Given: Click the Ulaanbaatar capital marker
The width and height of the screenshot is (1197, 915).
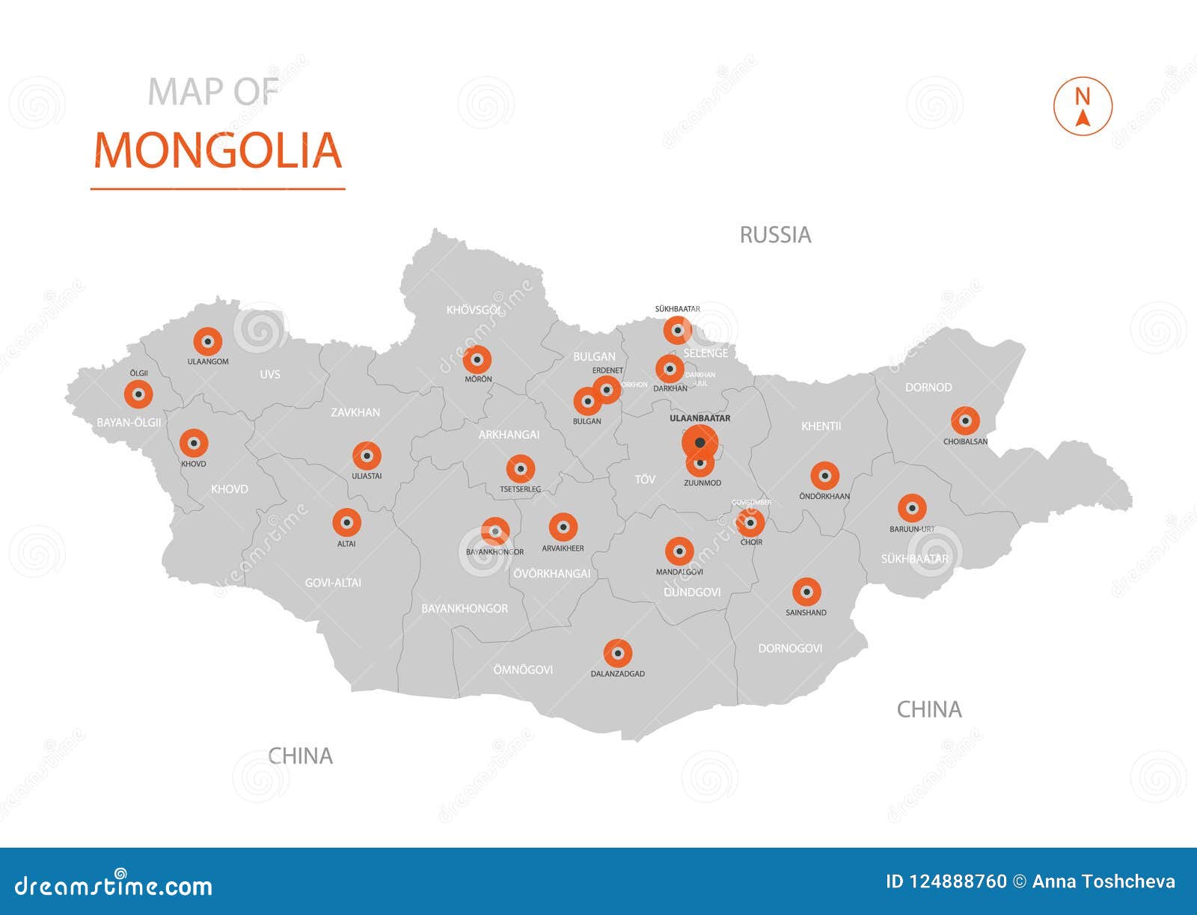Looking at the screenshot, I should point(699,443).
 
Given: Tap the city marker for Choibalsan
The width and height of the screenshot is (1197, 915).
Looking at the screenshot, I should point(965,421).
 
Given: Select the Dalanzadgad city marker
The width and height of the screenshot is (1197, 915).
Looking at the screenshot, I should point(618,654).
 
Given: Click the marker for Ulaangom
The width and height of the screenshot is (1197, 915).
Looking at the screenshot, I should point(208,342).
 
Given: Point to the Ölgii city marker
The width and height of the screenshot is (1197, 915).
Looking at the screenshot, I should point(138,394).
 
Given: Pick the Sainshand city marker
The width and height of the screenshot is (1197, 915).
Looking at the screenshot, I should point(806,593).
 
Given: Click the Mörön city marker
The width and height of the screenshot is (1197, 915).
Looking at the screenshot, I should point(477,360).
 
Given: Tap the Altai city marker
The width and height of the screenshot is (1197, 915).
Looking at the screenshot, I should point(346,523).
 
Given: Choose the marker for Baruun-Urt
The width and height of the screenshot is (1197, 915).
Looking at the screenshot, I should point(911,509).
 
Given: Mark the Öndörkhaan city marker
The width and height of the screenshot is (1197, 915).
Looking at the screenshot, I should point(824,476).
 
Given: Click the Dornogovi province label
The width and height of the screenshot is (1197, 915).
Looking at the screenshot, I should point(790,648).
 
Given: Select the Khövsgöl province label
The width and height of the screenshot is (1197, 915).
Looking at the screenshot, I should point(474,310).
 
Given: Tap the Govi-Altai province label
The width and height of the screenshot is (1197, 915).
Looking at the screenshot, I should point(333,582).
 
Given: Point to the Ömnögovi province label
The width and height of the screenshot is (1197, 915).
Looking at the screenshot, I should point(523,670).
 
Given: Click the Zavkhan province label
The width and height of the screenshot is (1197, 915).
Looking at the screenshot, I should point(355,412).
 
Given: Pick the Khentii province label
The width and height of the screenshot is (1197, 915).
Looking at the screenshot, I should point(821,426).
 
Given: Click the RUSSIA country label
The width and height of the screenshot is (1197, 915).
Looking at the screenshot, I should point(775,235).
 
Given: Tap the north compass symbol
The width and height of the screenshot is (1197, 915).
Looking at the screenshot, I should point(1083,107).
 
